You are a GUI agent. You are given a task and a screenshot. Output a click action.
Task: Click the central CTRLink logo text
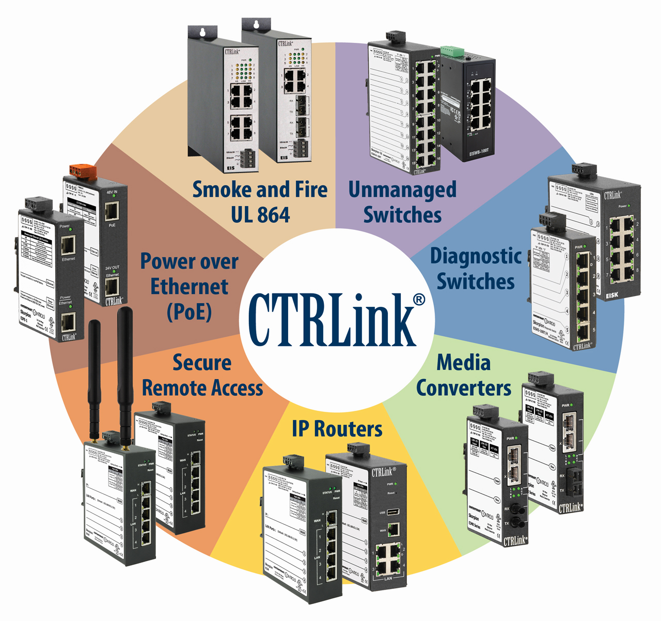tap(330, 320)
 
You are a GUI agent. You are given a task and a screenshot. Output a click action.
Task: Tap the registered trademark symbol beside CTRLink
tap(419, 300)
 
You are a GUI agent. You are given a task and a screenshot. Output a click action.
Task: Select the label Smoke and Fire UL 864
tap(260, 202)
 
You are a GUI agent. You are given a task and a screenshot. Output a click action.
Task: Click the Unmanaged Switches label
tap(402, 202)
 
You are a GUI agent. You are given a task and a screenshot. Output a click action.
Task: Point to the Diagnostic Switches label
tap(476, 269)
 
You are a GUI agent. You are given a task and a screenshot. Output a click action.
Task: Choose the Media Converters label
tap(463, 375)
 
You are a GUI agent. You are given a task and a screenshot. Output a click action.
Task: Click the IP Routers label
tap(337, 429)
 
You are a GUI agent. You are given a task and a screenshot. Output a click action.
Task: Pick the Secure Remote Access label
tap(202, 375)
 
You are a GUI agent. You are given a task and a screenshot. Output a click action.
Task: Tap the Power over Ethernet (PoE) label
tap(189, 286)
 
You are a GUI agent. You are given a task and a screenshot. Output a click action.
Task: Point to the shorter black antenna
tap(95, 377)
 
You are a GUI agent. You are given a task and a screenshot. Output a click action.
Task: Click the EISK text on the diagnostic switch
tap(611, 295)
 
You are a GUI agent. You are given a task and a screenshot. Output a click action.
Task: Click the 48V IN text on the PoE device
tap(112, 192)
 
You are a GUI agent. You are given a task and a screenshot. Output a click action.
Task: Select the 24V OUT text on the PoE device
tap(112, 270)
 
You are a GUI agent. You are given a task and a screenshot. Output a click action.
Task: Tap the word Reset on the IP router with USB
tap(391, 493)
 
